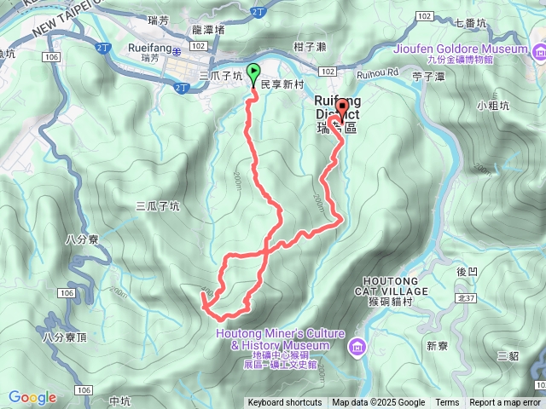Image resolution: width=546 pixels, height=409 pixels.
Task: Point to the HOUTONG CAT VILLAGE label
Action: [x=401, y=285]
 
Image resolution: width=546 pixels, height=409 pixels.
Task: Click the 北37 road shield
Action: [x=466, y=297]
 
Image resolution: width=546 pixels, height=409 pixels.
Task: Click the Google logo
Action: [x=32, y=397]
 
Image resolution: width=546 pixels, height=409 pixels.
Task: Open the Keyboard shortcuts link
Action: [x=284, y=403]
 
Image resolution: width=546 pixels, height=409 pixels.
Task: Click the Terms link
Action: [x=447, y=403]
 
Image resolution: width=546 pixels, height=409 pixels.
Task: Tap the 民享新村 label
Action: [x=282, y=86]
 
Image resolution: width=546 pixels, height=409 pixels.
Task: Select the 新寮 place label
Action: [x=437, y=346]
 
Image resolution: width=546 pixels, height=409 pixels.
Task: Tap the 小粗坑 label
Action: [x=493, y=107]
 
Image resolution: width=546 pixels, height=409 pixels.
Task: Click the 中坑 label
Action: [x=120, y=400]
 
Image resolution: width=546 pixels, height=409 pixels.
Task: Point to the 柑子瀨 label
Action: [x=305, y=44]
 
